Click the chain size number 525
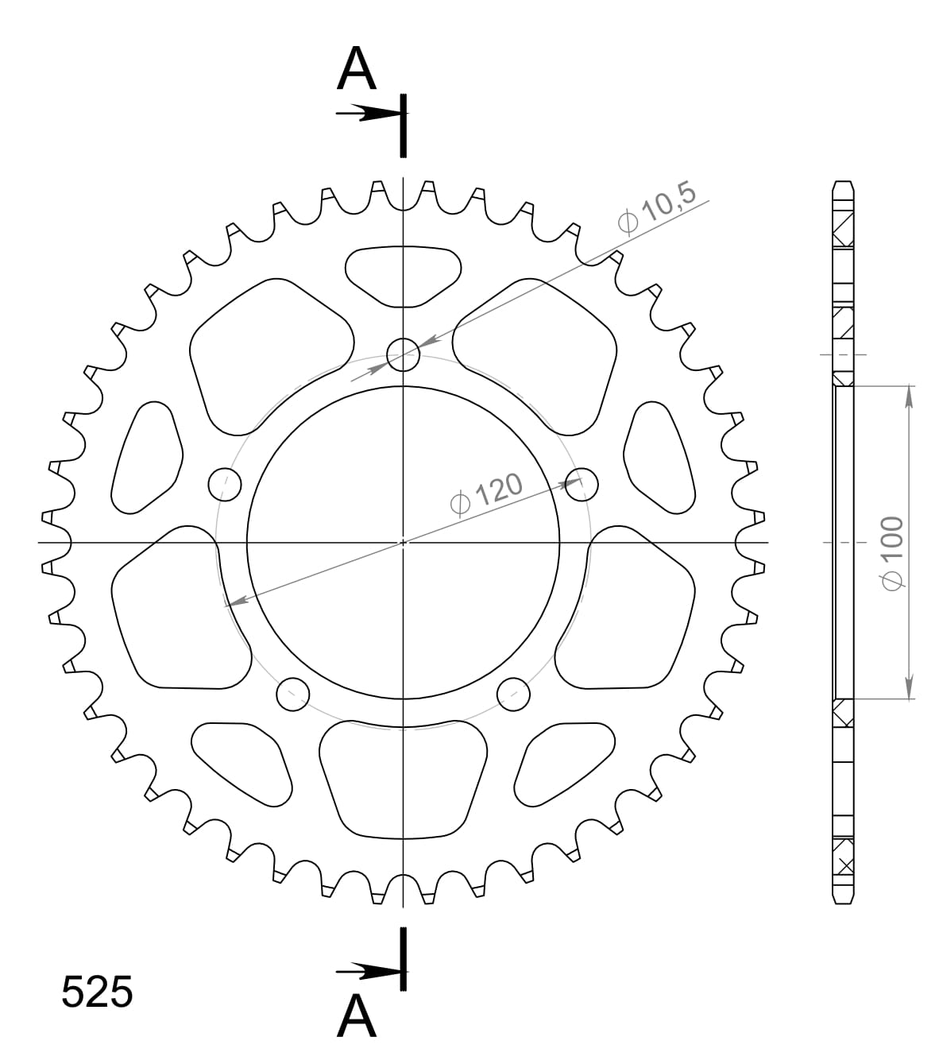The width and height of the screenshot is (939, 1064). pyautogui.click(x=97, y=992)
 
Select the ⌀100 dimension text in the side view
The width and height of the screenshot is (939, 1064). pyautogui.click(x=892, y=553)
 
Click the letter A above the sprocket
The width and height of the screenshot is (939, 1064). pyautogui.click(x=356, y=69)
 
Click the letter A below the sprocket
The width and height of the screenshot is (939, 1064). pyautogui.click(x=356, y=1016)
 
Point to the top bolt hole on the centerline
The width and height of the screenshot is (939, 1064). pyautogui.click(x=403, y=354)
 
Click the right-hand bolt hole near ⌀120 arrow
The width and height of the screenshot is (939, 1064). pyautogui.click(x=582, y=482)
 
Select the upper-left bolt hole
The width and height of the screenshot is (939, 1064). pyautogui.click(x=224, y=482)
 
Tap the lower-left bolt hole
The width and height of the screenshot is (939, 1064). pyautogui.click(x=292, y=694)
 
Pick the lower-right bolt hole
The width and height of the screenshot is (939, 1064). pyautogui.click(x=513, y=694)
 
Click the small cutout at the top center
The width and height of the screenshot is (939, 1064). pyautogui.click(x=403, y=275)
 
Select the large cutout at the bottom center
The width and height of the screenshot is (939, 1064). pyautogui.click(x=403, y=779)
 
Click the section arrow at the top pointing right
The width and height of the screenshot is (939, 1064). pyautogui.click(x=367, y=114)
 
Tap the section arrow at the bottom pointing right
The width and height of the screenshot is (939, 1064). pyautogui.click(x=367, y=971)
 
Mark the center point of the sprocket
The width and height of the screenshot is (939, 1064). pyautogui.click(x=403, y=543)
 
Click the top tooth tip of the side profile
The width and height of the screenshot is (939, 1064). pyautogui.click(x=843, y=183)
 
